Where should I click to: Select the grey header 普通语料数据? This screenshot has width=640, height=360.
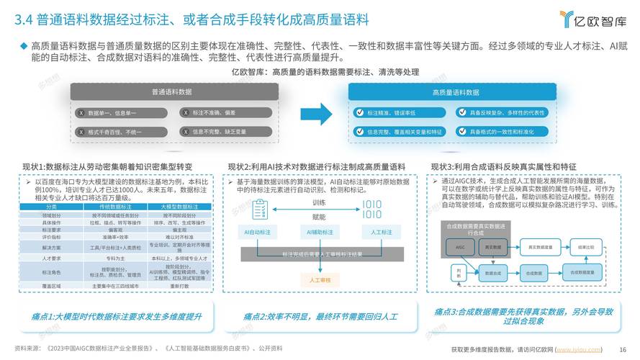click(x=171, y=92)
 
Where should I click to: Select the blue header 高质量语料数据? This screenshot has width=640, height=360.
click(x=455, y=92)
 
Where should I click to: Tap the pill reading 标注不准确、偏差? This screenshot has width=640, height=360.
click(x=215, y=113)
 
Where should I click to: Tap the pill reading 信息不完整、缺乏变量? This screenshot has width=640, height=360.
click(x=219, y=132)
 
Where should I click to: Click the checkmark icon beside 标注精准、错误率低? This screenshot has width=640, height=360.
click(x=360, y=113)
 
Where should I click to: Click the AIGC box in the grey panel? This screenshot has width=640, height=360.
click(x=461, y=247)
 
